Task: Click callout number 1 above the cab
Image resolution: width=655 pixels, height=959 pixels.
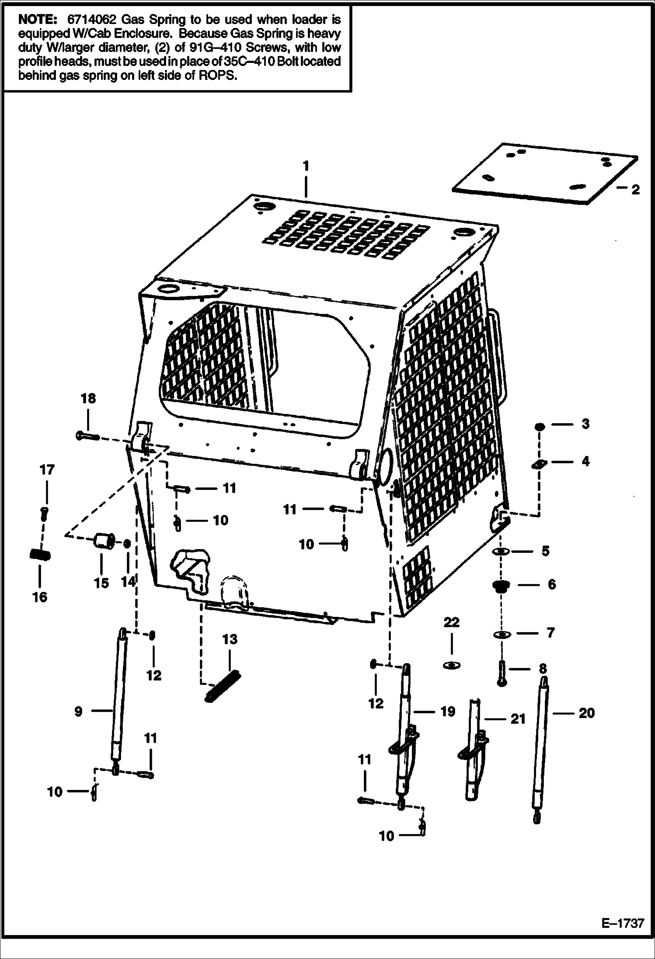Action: click(x=306, y=167)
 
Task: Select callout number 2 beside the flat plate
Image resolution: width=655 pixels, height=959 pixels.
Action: click(x=635, y=190)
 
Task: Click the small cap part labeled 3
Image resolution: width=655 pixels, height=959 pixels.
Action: click(x=539, y=426)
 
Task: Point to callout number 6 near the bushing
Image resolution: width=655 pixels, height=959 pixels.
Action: click(x=552, y=584)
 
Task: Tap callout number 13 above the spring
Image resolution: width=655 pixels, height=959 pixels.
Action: click(x=230, y=639)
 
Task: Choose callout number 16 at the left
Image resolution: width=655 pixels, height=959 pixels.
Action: click(x=40, y=597)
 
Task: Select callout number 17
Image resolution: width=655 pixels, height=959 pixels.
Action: click(x=47, y=470)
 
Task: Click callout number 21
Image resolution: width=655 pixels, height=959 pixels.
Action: click(x=518, y=719)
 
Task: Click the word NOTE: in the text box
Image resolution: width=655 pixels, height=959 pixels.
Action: click(x=38, y=20)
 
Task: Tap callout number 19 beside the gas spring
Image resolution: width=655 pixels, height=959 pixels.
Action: click(x=447, y=712)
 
